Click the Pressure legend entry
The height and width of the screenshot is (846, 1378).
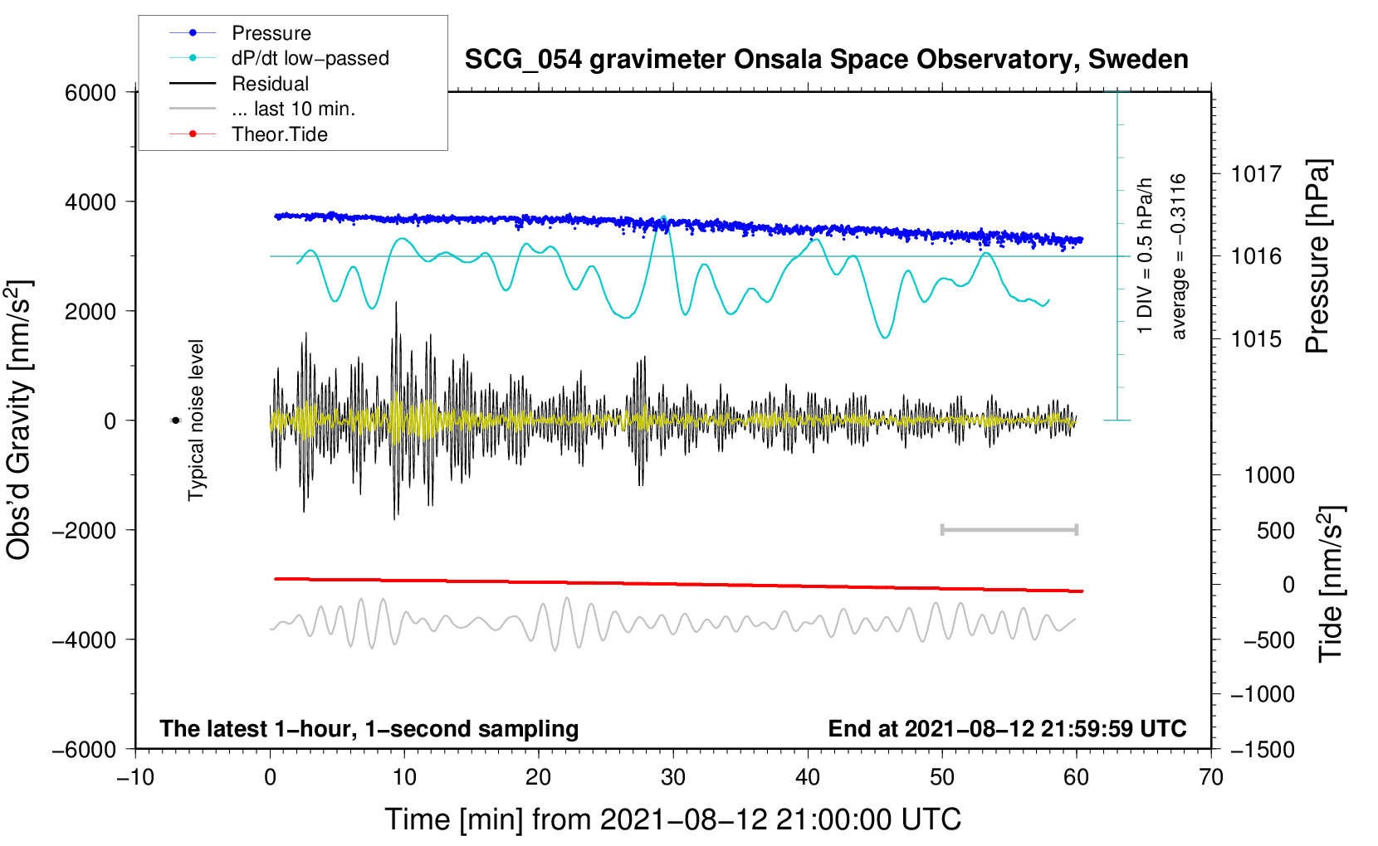point(271,33)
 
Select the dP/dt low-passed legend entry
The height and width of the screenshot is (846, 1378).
point(310,58)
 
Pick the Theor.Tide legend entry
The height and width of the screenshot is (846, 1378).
point(279,134)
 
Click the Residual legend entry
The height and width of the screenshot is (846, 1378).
point(270,84)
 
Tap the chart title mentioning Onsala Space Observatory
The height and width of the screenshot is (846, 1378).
point(826,60)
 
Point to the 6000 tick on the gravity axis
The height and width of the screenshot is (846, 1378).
point(90,93)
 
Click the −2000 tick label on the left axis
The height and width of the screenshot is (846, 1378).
point(84,531)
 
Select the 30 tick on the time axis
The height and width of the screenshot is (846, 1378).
point(673,777)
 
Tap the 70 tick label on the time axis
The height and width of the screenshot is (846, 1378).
point(1211,777)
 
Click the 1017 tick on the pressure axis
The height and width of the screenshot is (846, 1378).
point(1256,174)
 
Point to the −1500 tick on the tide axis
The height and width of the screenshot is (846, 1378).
point(1263,750)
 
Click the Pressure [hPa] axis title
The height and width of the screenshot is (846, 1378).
point(1317,256)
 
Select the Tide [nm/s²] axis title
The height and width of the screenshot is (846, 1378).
point(1331,583)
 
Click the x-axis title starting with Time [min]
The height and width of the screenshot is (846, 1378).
point(672,819)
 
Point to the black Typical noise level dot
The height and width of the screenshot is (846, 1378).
point(175,421)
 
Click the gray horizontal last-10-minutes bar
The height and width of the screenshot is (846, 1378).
point(1009,529)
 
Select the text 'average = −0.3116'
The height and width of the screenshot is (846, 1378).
point(1179,256)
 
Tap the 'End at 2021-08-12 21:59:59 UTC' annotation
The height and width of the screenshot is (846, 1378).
point(1007,729)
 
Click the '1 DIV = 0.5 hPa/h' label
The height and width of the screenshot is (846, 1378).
point(1146,255)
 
